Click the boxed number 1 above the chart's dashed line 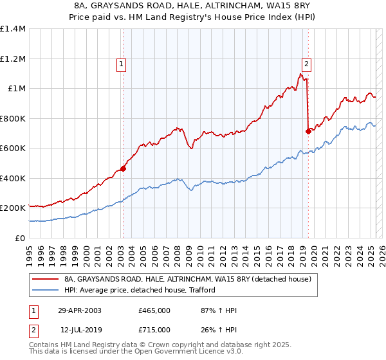click(122, 64)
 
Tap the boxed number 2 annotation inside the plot click(307, 64)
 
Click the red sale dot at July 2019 click(308, 131)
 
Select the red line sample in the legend click(45, 280)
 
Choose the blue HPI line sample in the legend click(45, 290)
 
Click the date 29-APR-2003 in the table click(80, 310)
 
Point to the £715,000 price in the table click(154, 329)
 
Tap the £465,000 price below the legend click(154, 310)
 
